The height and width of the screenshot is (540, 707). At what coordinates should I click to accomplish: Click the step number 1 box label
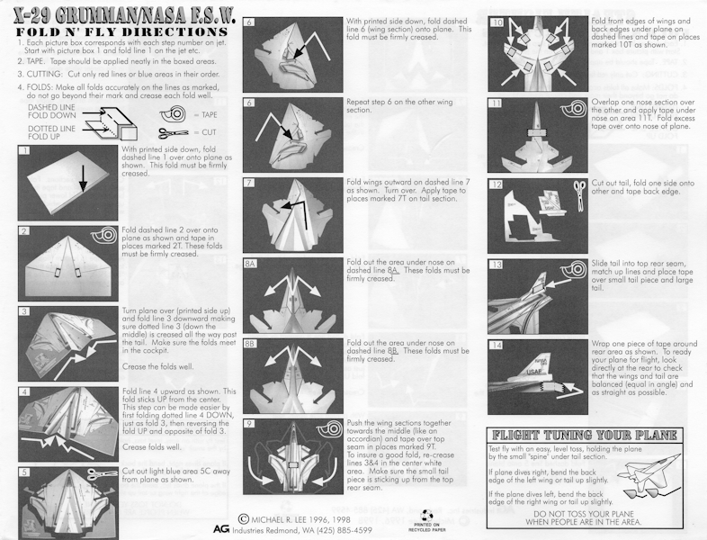click(x=25, y=150)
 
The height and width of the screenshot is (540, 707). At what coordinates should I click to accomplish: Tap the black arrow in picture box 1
click(x=83, y=177)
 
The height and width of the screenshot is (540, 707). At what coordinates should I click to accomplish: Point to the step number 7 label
click(x=249, y=183)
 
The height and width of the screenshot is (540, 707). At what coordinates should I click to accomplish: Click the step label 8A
click(x=250, y=264)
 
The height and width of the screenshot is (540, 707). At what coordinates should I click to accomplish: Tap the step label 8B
click(x=250, y=344)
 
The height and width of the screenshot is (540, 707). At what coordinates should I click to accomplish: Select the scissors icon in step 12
click(x=579, y=196)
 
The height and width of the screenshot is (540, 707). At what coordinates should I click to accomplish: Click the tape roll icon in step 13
click(x=575, y=269)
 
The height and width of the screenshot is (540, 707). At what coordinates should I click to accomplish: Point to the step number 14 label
click(x=496, y=345)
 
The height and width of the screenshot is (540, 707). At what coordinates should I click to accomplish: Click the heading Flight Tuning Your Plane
click(x=585, y=436)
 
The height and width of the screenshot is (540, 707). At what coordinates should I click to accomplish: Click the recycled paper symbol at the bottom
click(x=428, y=516)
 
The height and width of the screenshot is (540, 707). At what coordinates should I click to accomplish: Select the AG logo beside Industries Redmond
click(x=221, y=528)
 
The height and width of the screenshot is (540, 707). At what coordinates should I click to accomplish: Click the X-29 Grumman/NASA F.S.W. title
click(x=124, y=16)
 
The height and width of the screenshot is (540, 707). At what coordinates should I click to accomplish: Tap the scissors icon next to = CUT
click(x=173, y=133)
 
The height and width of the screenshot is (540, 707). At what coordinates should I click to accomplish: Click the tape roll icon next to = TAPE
click(x=173, y=113)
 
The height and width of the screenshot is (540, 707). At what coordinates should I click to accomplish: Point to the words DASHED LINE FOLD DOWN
click(x=52, y=112)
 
